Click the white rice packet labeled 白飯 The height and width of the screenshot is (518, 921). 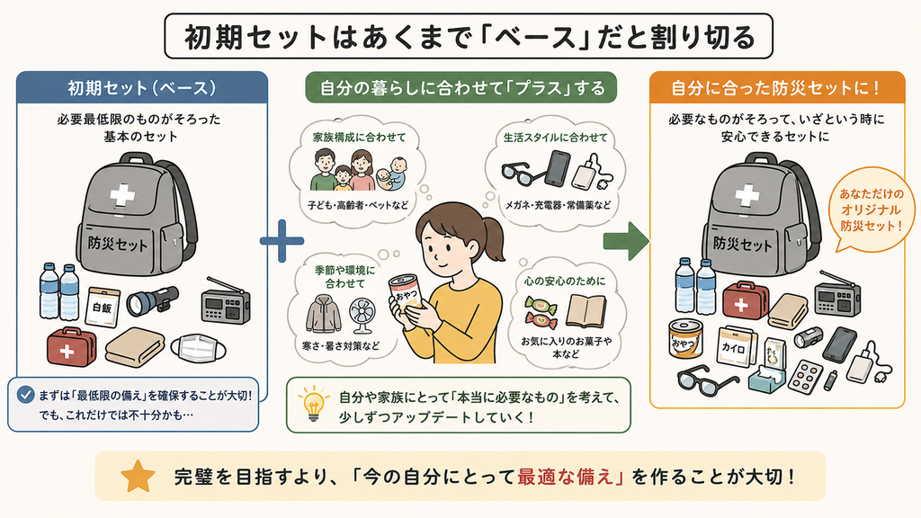pyautogui.click(x=103, y=306)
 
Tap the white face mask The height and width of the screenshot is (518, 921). pyautogui.click(x=199, y=349)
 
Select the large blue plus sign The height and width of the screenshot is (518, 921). pyautogui.click(x=282, y=241)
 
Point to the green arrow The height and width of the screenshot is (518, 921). pyautogui.click(x=626, y=241)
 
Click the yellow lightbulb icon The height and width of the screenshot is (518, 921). pyautogui.click(x=314, y=403)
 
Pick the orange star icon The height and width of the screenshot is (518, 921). pyautogui.click(x=138, y=477)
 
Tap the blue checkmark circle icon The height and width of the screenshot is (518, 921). pyautogui.click(x=25, y=394)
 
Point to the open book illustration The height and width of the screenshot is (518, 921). pyautogui.click(x=586, y=311)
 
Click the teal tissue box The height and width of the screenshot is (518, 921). pyautogui.click(x=766, y=377)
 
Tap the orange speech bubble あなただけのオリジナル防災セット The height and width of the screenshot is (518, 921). pyautogui.click(x=870, y=210)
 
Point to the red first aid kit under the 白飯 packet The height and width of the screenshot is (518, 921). pyautogui.click(x=71, y=347)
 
